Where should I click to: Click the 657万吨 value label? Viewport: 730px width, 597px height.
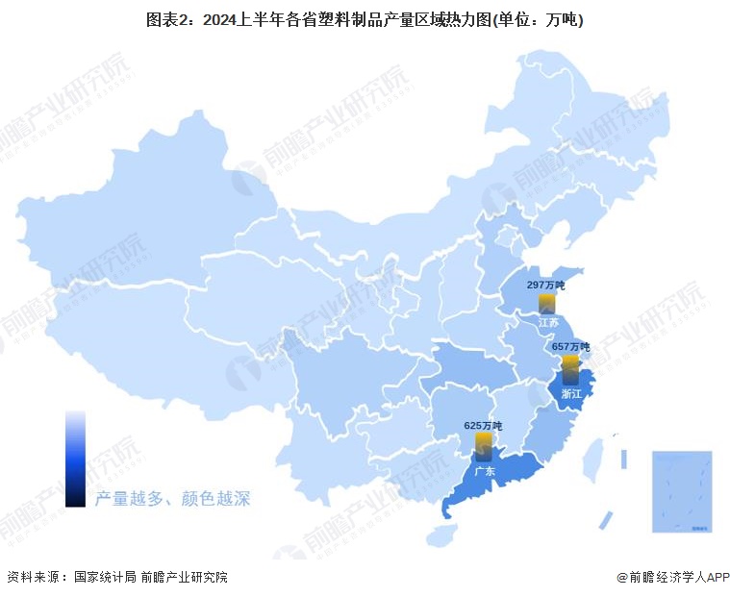pyautogui.click(x=570, y=346)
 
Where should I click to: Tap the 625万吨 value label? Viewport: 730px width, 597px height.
pyautogui.click(x=483, y=425)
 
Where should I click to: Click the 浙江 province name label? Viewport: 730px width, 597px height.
pyautogui.click(x=571, y=392)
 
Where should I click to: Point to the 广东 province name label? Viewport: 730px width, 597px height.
pyautogui.click(x=484, y=471)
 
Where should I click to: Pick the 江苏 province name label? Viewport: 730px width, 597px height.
pyautogui.click(x=548, y=323)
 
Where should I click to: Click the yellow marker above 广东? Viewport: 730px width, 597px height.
pyautogui.click(x=484, y=442)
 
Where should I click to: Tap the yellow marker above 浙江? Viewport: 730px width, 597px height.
pyautogui.click(x=570, y=362)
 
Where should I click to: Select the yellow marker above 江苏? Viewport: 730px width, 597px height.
pyautogui.click(x=546, y=303)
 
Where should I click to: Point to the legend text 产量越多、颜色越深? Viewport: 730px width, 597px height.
pyautogui.click(x=173, y=499)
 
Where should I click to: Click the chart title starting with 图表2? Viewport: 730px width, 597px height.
pyautogui.click(x=365, y=19)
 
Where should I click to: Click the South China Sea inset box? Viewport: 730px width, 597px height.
pyautogui.click(x=682, y=491)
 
